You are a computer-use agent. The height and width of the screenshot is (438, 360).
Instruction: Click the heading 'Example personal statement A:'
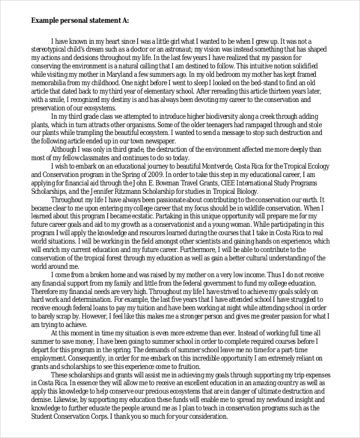[80, 20]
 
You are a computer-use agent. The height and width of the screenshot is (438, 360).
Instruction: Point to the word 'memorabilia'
[52, 81]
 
